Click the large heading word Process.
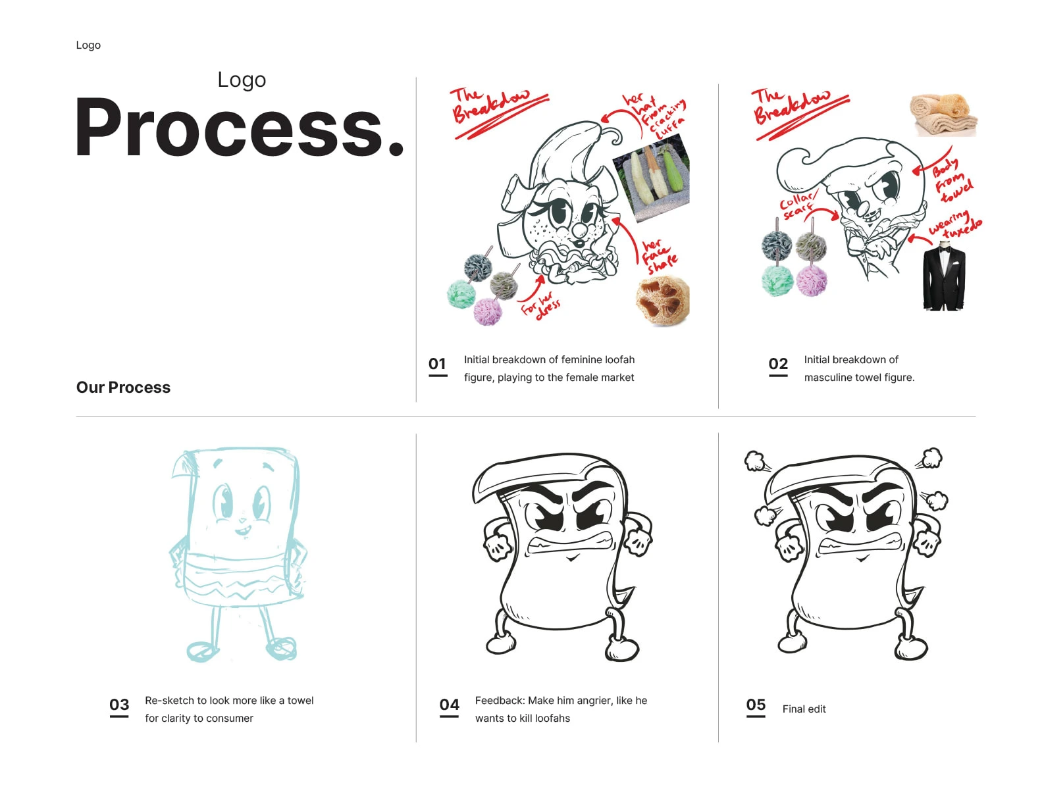239,127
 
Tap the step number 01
437,364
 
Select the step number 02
778,364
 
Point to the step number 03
119,705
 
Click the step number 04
450,705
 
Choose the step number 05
756,705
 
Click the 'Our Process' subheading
123,387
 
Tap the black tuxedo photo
943,276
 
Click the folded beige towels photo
943,115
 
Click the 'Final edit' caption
804,709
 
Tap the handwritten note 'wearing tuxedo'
954,225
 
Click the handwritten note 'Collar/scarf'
797,204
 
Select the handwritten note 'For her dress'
541,306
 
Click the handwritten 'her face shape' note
659,257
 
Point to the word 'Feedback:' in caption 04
499,700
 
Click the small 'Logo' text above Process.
242,80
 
